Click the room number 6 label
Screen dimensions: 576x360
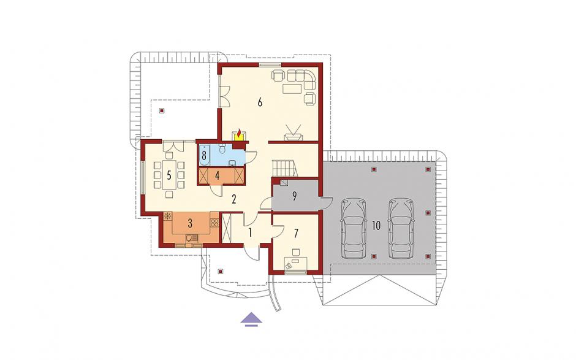coord(260,102)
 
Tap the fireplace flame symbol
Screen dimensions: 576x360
coord(240,132)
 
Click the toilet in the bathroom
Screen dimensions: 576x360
coord(222,149)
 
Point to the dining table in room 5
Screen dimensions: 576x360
coord(169,175)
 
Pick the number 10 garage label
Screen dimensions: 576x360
coord(376,226)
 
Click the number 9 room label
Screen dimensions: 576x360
coord(294,196)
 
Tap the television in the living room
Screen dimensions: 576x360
coord(294,133)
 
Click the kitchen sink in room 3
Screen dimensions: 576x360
coord(191,237)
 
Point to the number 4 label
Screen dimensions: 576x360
coord(217,175)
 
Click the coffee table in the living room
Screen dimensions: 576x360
coord(292,89)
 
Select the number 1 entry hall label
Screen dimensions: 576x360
coord(250,232)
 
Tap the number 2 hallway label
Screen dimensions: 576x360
coord(233,199)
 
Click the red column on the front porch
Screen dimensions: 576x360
coord(220,271)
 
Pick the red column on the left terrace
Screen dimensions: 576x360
coord(162,110)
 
